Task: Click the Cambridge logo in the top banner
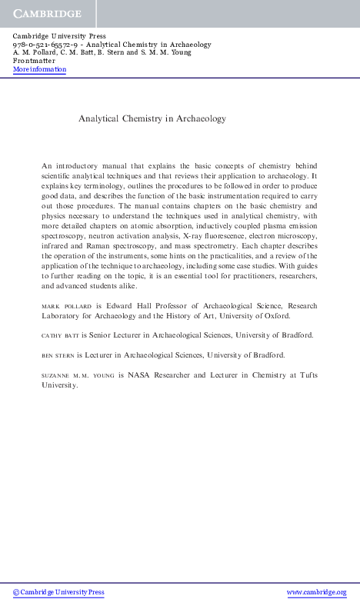[x=46, y=15]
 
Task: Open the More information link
[x=40, y=69]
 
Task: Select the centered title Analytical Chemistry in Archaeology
[x=152, y=119]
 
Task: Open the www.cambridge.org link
[x=316, y=592]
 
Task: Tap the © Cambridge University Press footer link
[x=58, y=592]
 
